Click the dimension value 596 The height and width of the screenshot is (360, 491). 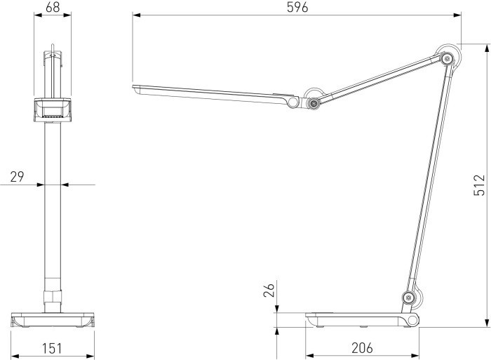297,7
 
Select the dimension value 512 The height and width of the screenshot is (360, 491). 479,185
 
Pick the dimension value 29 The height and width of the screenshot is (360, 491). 17,177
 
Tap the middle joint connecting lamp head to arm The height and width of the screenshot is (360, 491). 313,104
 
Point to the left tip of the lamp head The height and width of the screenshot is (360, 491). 135,88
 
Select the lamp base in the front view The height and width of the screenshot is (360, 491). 53,320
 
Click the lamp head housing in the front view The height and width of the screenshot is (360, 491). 52,110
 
